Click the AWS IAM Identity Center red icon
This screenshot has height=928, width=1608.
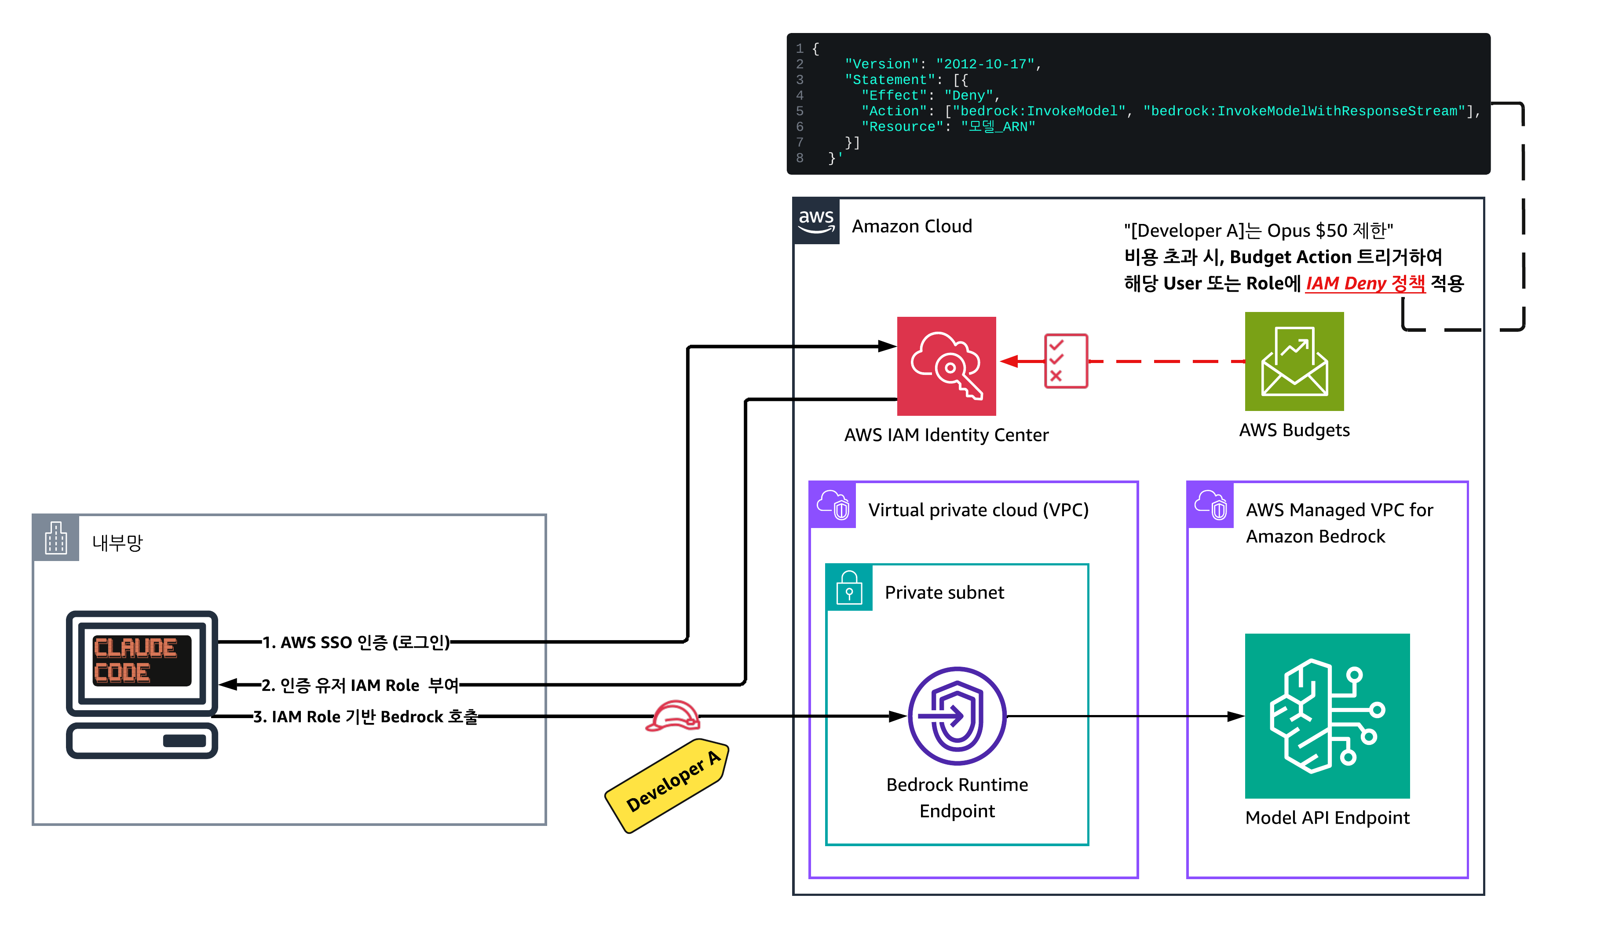point(946,366)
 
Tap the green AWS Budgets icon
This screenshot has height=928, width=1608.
point(1294,361)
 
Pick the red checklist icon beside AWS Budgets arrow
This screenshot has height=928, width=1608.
point(1065,361)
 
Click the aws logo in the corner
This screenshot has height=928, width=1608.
point(816,220)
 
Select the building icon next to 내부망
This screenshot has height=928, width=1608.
point(56,538)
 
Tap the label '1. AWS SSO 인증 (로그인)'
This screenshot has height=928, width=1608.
point(356,642)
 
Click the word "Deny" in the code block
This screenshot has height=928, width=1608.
point(968,95)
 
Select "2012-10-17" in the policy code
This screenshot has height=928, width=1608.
point(985,64)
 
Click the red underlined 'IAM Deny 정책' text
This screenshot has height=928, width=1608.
point(1365,283)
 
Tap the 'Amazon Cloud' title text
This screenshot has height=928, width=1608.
point(912,226)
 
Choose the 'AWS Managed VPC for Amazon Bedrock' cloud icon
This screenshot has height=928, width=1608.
point(1210,505)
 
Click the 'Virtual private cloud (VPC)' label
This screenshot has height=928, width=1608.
point(978,510)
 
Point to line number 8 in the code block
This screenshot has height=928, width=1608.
point(800,158)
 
